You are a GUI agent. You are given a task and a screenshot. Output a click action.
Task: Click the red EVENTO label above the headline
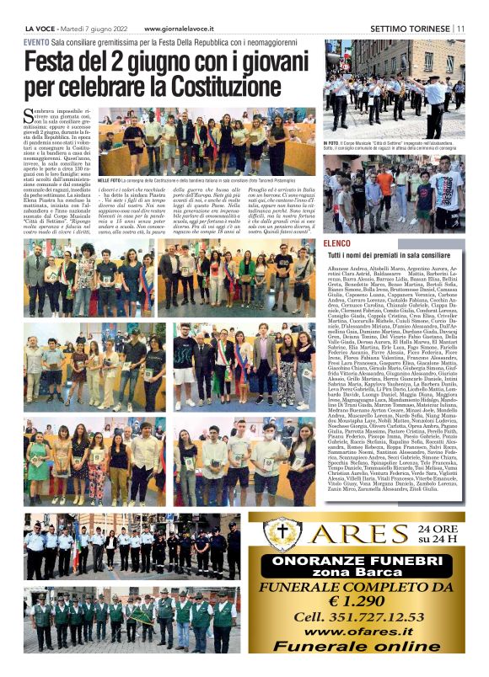tap(36, 41)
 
